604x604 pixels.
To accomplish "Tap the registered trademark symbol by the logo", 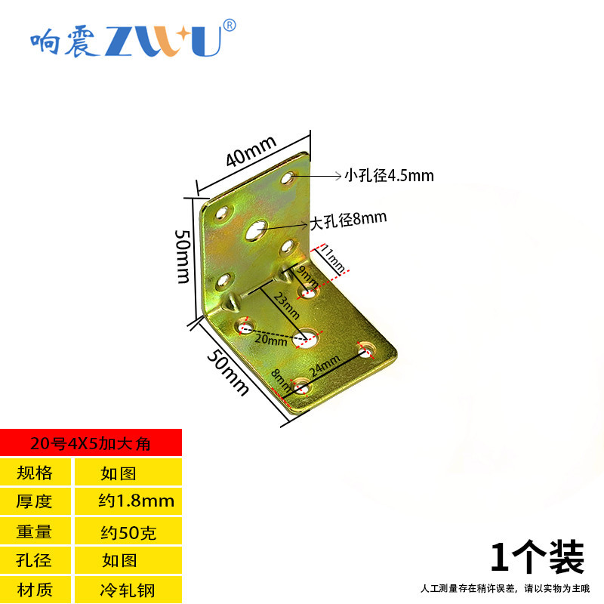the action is pyautogui.click(x=230, y=25).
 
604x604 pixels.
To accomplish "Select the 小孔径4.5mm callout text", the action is pyautogui.click(x=389, y=176).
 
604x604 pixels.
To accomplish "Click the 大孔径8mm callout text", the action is pyautogui.click(x=349, y=220).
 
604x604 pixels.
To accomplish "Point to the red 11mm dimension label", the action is pyautogui.click(x=333, y=258).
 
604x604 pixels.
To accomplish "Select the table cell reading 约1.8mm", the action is pyautogui.click(x=137, y=501).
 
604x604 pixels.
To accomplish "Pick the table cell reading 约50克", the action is pyautogui.click(x=128, y=532).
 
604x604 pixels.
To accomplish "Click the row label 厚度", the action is pyautogui.click(x=35, y=501).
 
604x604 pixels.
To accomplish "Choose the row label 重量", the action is pyautogui.click(x=35, y=532).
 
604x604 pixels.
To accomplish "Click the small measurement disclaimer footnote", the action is pyautogui.click(x=504, y=588).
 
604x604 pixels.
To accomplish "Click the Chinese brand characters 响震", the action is pyautogui.click(x=63, y=42).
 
